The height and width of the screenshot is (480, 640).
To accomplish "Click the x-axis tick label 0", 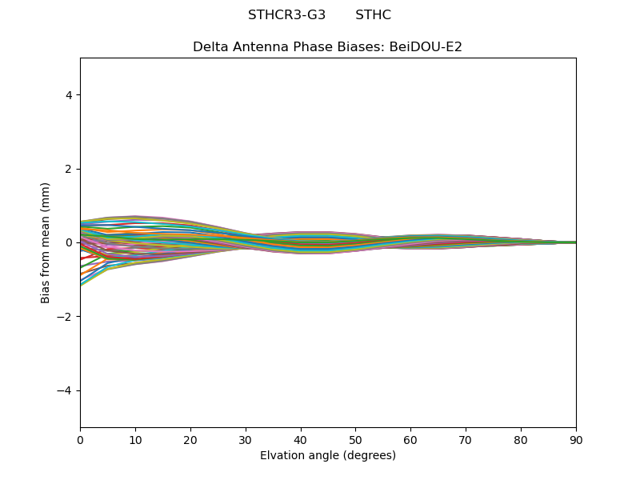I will point(80,439).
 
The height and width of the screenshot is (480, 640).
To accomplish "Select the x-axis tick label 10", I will point(135,439).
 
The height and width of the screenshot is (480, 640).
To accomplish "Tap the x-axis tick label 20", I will point(190,439).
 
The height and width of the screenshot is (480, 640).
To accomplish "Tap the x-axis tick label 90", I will point(576,439).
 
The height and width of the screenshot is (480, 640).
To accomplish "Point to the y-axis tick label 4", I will point(69,95).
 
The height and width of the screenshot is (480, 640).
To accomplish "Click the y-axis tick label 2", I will point(69,169).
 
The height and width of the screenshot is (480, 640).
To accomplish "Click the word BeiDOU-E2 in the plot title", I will point(426,47).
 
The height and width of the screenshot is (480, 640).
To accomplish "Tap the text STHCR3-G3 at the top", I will point(286,15).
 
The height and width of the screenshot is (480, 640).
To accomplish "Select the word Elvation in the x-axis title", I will point(282,456).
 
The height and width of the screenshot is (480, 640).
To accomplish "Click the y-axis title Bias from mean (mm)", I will point(46,242).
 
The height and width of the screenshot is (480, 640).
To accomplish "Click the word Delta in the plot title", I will point(210,47).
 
